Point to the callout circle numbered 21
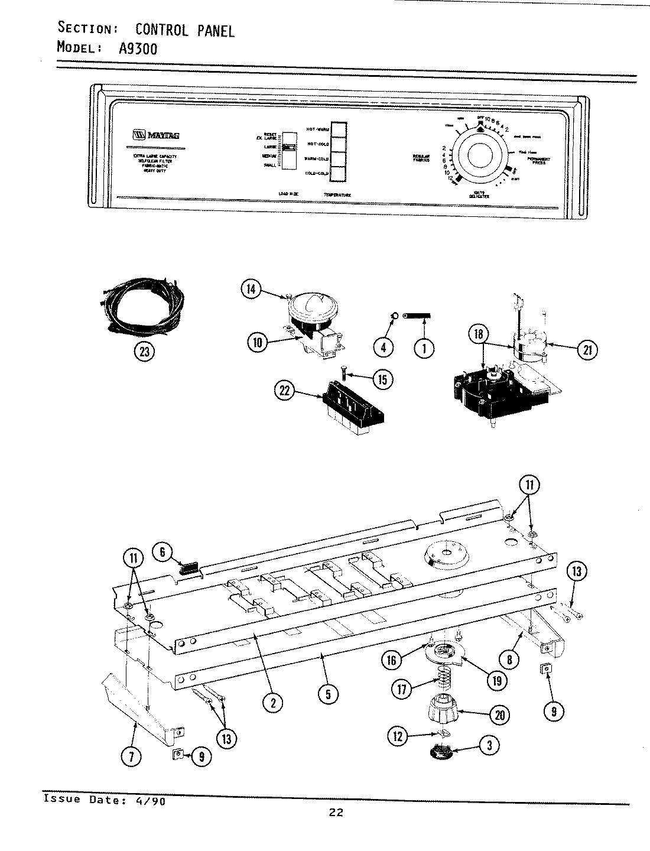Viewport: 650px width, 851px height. [x=587, y=350]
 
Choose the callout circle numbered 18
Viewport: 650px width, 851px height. [x=479, y=335]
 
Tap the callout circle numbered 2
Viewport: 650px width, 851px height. [x=272, y=702]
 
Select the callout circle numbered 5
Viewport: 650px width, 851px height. [x=329, y=695]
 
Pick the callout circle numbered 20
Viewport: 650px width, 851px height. [x=500, y=715]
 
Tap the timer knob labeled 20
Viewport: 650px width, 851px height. [x=443, y=714]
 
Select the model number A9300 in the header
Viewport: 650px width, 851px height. [x=138, y=48]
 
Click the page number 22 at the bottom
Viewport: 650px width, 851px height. [x=336, y=812]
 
